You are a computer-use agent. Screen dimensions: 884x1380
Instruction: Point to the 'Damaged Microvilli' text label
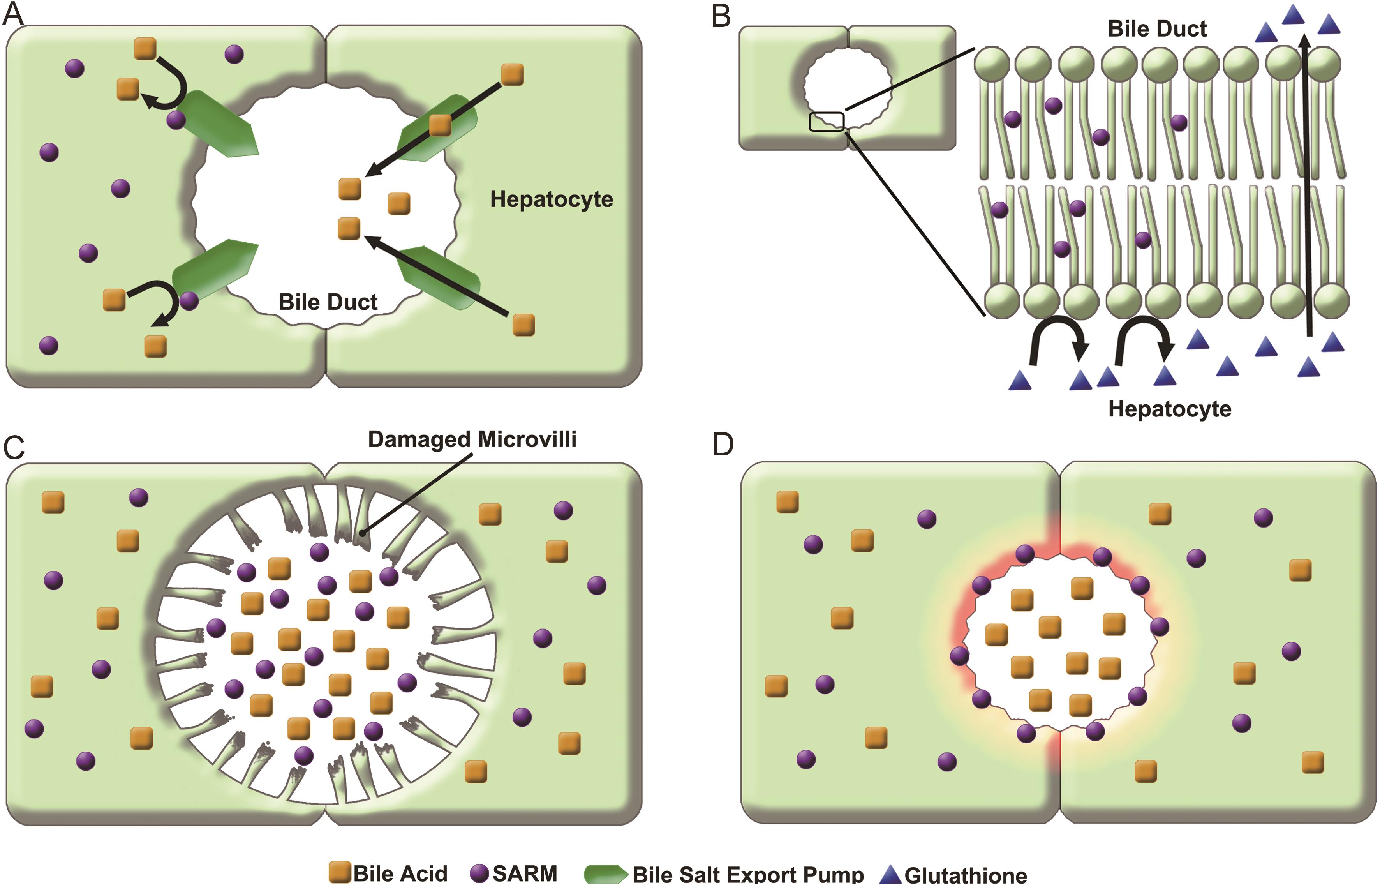472,439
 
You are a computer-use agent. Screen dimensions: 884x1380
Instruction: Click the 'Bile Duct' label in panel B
1157,29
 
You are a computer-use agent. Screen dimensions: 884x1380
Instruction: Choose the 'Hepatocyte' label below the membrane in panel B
1169,409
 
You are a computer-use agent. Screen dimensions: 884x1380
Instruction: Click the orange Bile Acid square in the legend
340,872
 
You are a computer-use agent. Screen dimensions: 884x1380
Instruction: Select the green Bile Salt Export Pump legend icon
605,873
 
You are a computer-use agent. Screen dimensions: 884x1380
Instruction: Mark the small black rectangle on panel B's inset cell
826,122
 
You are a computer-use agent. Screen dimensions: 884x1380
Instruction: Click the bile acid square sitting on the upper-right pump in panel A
440,125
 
